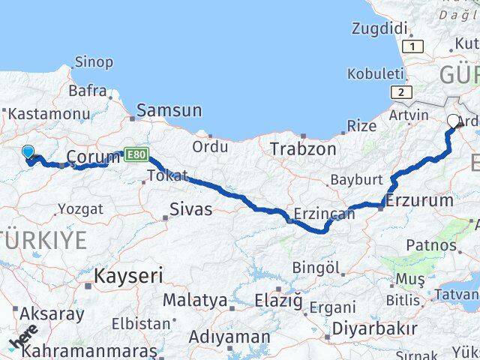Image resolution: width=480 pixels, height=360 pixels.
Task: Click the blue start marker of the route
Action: (28, 153)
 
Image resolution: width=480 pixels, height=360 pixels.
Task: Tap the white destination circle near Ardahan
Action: (453, 121)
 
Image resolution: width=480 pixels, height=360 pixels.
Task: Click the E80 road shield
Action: (136, 154)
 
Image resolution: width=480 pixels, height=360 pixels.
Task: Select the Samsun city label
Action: (169, 110)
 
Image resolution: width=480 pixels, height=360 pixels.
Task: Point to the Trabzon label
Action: (303, 148)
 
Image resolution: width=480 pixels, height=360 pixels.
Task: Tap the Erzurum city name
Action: (419, 200)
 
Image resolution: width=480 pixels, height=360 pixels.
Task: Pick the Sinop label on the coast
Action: (94, 62)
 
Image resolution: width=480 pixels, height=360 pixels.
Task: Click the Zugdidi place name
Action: (379, 29)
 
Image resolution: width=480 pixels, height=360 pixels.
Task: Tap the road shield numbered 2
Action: (402, 92)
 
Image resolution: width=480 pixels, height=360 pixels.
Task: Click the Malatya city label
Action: (195, 300)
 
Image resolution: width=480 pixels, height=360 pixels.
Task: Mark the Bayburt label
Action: (356, 180)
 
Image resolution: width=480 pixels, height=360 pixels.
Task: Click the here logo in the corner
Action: (24, 337)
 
